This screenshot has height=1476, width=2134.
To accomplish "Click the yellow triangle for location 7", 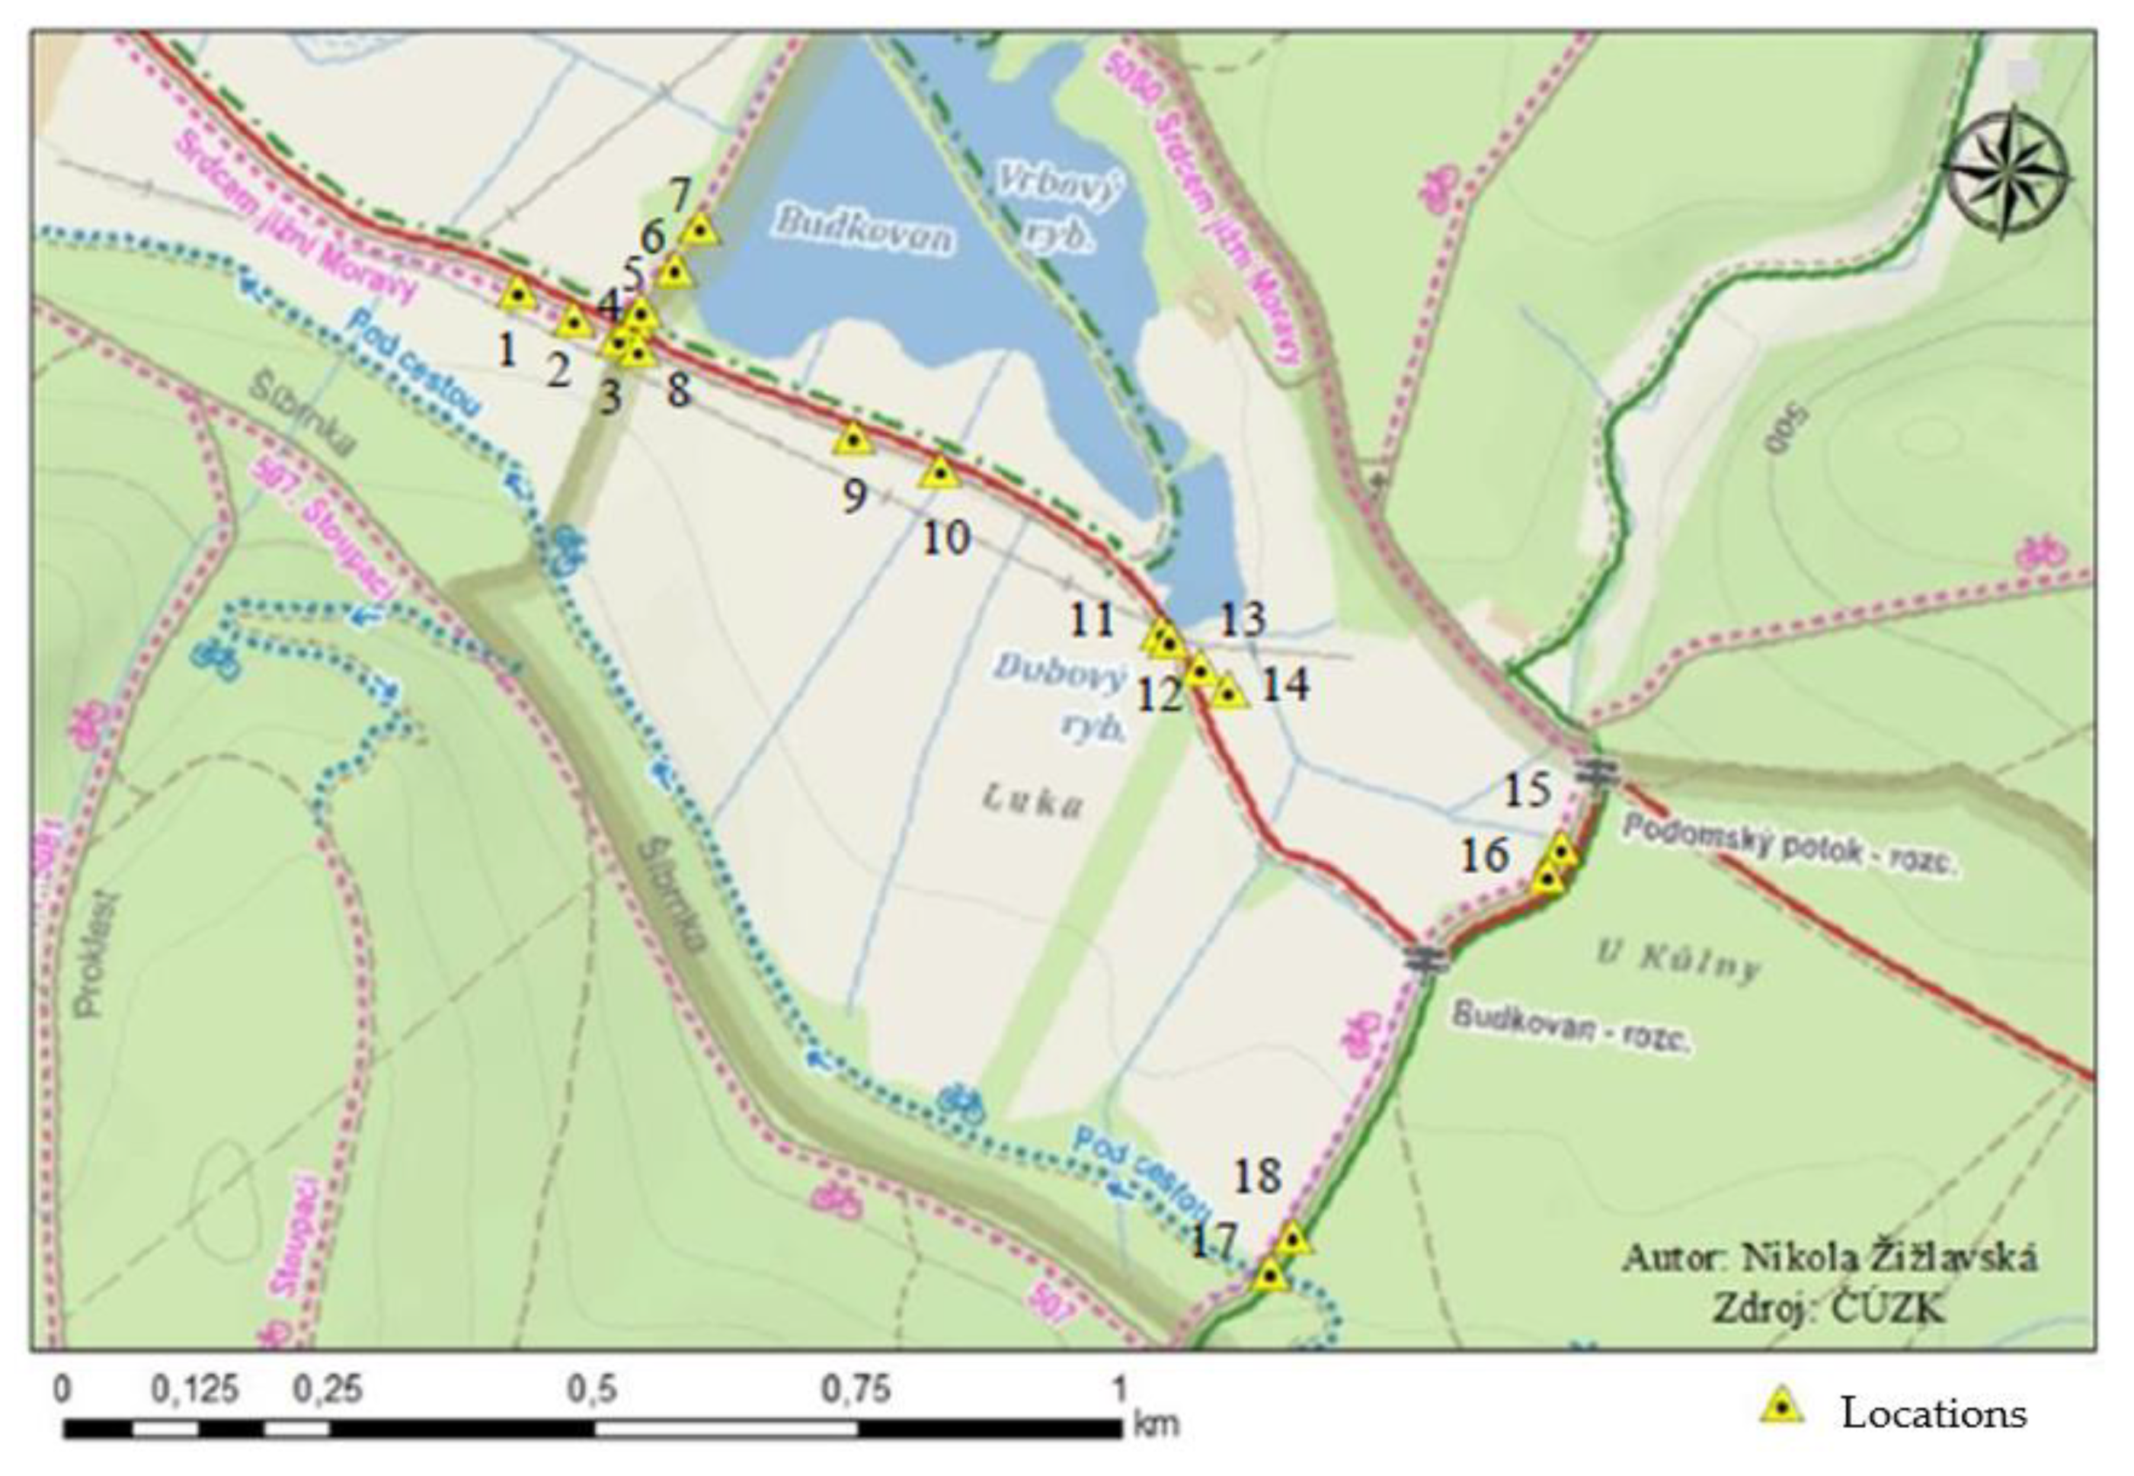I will click(701, 229).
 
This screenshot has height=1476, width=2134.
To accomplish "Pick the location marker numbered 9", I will click(853, 440).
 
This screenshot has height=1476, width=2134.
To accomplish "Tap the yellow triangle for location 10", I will click(940, 472).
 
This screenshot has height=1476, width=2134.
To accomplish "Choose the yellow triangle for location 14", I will click(1229, 692).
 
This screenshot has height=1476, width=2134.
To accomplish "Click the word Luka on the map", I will click(1033, 802).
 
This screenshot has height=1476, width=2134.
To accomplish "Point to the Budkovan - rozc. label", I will click(1571, 1026).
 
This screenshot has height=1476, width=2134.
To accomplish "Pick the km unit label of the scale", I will click(1157, 1423).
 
